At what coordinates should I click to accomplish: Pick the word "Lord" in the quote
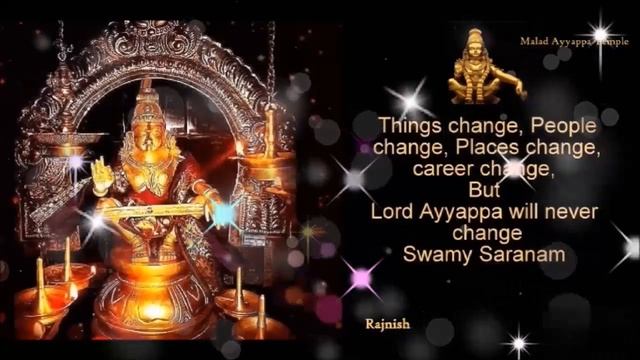pyautogui.click(x=390, y=211)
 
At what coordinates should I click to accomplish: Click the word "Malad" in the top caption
pyautogui.click(x=535, y=43)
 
